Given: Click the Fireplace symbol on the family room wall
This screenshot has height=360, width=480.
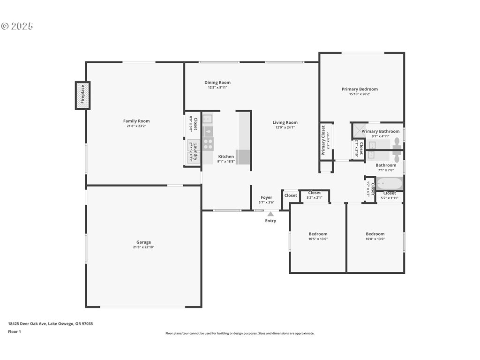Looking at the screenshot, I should click(x=82, y=96).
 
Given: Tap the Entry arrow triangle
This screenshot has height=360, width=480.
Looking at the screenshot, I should click(x=270, y=214).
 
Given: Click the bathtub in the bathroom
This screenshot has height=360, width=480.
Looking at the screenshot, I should click(x=389, y=183).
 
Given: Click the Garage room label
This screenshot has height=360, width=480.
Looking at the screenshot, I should click(x=143, y=242).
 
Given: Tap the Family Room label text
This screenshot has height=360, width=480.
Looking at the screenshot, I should click(x=136, y=121).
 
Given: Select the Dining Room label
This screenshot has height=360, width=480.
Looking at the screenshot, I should click(x=217, y=82).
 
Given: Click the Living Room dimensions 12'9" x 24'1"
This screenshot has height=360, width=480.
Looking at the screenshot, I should click(x=285, y=127).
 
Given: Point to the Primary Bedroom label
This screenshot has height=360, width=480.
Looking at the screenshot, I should click(x=360, y=89).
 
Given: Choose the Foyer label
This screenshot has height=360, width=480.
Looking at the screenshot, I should click(x=266, y=197).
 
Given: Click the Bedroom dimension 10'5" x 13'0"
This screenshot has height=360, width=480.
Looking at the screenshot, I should click(x=318, y=239).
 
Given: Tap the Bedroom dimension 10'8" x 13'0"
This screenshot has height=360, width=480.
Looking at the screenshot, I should click(x=375, y=239).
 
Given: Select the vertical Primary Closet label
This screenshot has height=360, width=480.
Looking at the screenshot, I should click(x=323, y=141).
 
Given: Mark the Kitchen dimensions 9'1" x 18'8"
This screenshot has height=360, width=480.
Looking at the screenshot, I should click(x=226, y=162).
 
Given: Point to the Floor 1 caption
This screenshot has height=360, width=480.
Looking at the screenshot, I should click(x=15, y=331).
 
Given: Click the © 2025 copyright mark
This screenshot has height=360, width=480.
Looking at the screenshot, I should click(x=17, y=26).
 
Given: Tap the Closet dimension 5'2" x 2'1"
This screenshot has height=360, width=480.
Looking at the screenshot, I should click(x=315, y=197).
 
